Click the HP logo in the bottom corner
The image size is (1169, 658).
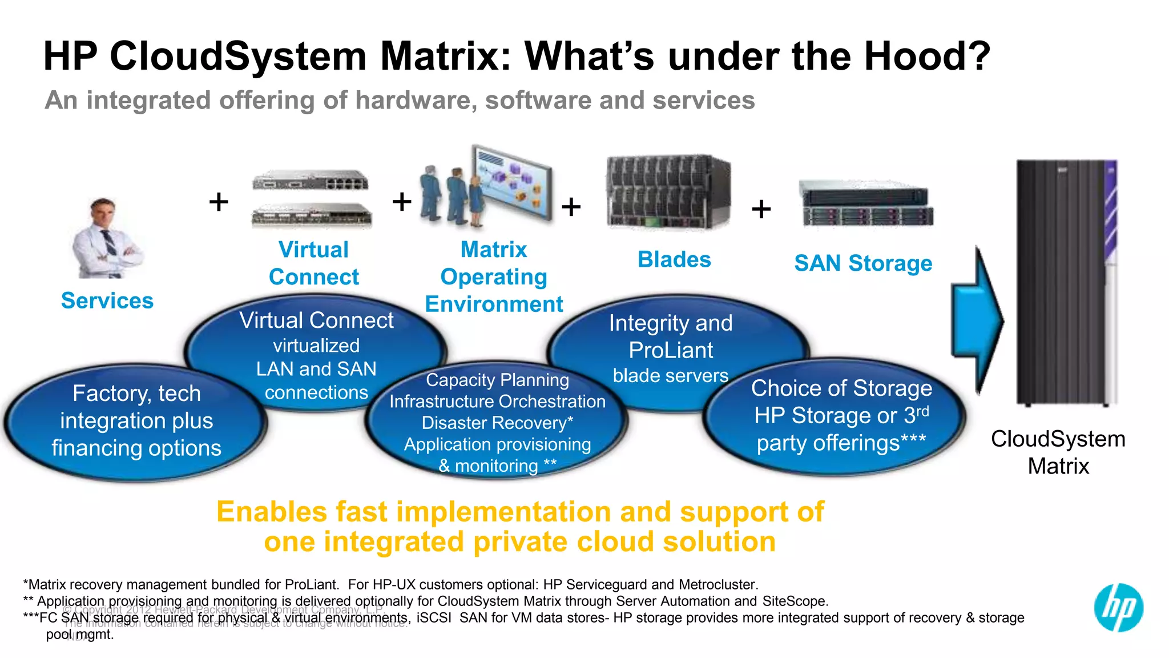click(1118, 607)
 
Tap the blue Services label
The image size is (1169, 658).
click(107, 300)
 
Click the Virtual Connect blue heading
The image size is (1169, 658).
click(314, 263)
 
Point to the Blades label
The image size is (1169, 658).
click(674, 259)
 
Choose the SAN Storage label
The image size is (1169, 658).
click(863, 263)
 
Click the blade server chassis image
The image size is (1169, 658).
click(668, 192)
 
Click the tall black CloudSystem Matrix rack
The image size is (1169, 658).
click(1065, 283)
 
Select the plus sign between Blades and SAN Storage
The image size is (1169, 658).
click(761, 209)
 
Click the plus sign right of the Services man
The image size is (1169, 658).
click(219, 202)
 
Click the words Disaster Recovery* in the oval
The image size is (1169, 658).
click(497, 423)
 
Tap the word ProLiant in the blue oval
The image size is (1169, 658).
click(671, 350)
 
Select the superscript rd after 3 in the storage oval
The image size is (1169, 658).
click(922, 411)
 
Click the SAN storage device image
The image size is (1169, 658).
click(866, 204)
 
